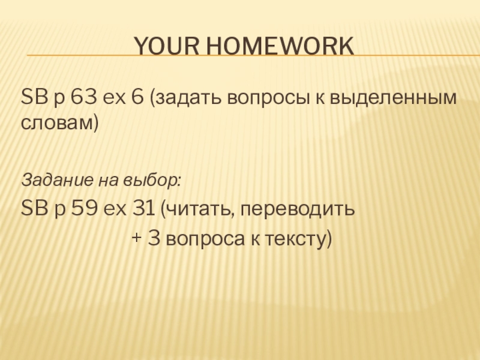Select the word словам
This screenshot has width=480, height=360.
tap(56, 124)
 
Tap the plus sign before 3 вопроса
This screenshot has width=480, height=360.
tap(136, 238)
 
